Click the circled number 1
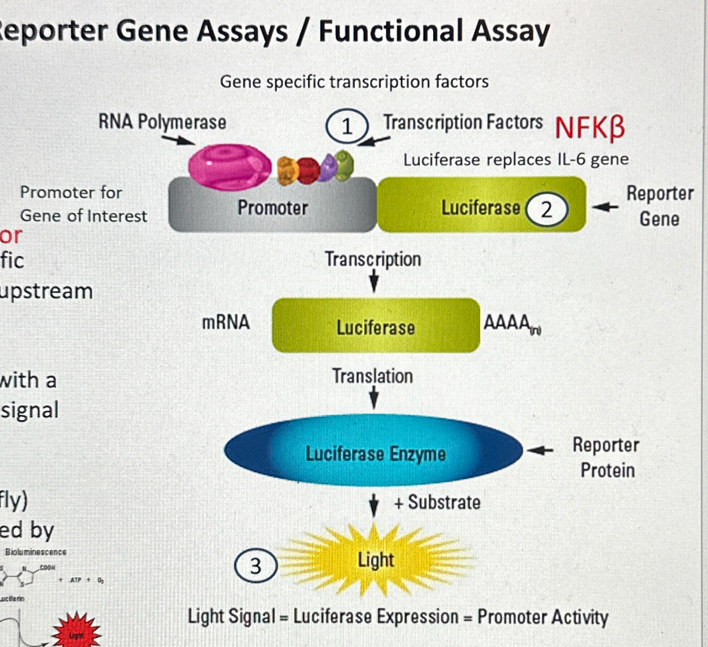(347, 126)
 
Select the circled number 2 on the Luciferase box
(546, 210)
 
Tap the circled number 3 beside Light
(255, 566)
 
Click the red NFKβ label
(590, 128)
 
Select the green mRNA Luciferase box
(376, 326)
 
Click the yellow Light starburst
(375, 560)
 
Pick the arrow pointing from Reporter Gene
(605, 207)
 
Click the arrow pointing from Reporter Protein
(540, 451)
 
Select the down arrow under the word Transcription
(374, 282)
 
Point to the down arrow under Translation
(374, 397)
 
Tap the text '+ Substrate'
(437, 502)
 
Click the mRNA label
(226, 322)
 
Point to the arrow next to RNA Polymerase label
(178, 139)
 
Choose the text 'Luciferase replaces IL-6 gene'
(516, 160)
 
